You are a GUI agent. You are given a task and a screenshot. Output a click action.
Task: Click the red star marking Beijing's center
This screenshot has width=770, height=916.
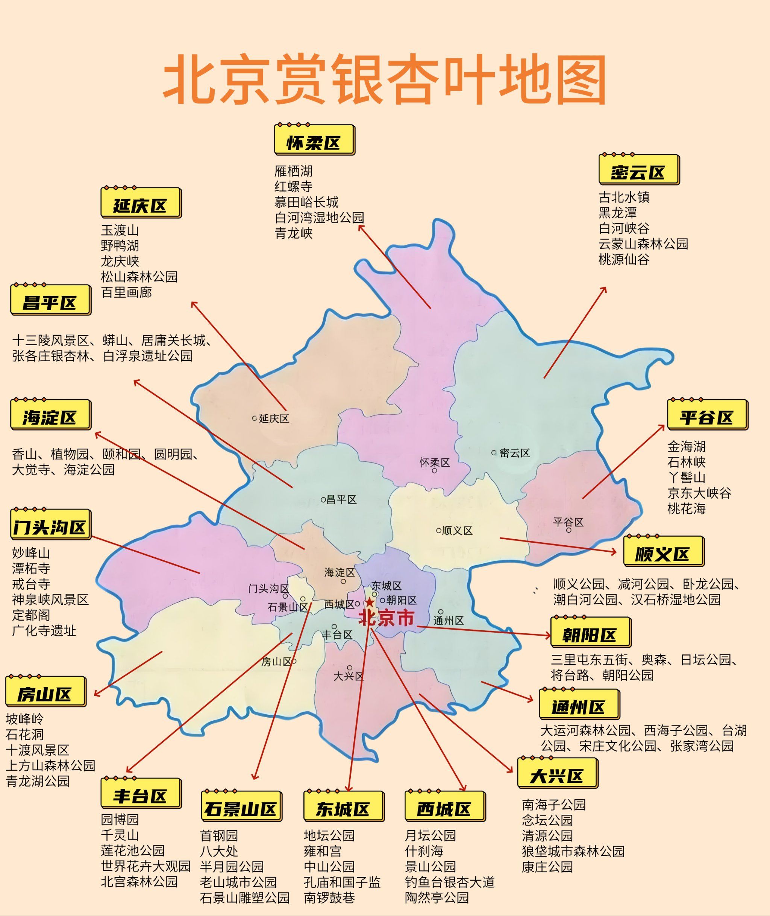(x=369, y=603)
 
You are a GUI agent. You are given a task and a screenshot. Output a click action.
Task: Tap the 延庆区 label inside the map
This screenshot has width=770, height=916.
(x=274, y=418)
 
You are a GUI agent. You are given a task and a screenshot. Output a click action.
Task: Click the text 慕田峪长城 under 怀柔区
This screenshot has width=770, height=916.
(x=306, y=202)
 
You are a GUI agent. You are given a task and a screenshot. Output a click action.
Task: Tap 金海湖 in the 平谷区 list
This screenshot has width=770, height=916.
(x=686, y=446)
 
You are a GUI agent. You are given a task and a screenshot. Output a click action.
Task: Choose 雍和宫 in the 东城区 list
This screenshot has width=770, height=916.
(x=323, y=851)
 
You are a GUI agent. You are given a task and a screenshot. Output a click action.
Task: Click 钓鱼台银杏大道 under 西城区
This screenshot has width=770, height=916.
(x=450, y=882)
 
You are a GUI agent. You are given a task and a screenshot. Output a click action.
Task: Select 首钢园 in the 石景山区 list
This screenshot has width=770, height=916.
(x=219, y=835)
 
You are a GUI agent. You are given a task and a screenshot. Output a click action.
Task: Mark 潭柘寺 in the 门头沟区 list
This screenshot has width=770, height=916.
(x=31, y=569)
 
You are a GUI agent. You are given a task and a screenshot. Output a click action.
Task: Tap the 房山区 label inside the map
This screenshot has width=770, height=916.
(x=276, y=662)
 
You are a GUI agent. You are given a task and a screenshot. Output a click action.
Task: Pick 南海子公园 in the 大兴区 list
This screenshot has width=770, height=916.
(x=553, y=805)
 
